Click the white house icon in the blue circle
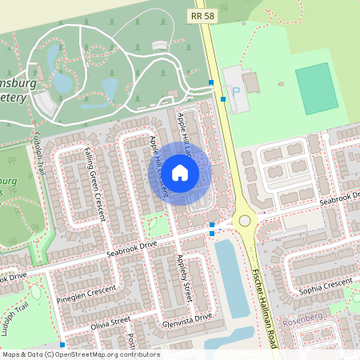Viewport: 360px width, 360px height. click(x=180, y=172)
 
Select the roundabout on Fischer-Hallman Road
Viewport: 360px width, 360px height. click(x=244, y=221)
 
